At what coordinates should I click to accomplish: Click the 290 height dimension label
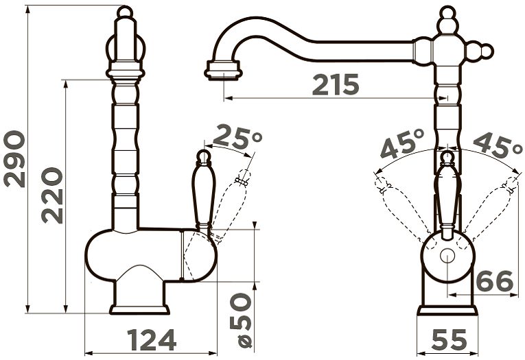[14, 159]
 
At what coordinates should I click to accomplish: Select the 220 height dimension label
[52, 195]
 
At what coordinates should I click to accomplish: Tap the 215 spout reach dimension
[336, 84]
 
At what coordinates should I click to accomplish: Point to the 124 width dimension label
[152, 339]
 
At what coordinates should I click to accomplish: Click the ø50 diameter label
[241, 320]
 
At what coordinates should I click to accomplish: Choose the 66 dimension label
[495, 281]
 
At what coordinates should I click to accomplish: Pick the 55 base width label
[449, 339]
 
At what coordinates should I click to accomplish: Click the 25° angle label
[237, 137]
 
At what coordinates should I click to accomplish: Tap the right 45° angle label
[498, 145]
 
